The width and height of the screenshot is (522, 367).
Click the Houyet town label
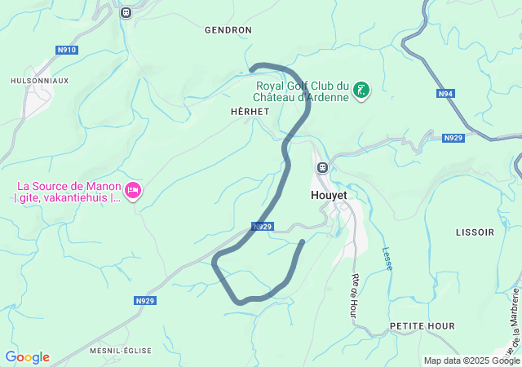pos(330,196)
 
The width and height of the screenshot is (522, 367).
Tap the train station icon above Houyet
pos(322,168)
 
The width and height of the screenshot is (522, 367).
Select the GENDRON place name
pos(228,29)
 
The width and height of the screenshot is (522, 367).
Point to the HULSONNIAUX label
pos(39,81)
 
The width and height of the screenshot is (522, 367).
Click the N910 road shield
pos(67,50)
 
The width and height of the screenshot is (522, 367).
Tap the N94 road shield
pos(445,94)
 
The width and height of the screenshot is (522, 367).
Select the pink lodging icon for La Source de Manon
pos(132,192)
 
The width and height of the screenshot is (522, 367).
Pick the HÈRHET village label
pos(250,112)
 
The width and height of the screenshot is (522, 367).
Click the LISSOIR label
pos(475,232)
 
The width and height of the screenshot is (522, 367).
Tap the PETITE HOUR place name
pos(422,326)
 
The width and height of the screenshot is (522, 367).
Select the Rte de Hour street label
pos(356,291)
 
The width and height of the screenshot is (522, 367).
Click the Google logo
pos(27,357)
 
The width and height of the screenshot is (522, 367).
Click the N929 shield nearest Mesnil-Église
pos(144,301)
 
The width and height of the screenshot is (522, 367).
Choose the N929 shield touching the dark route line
pos(262,227)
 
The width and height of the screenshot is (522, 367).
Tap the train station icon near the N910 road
pos(126,12)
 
